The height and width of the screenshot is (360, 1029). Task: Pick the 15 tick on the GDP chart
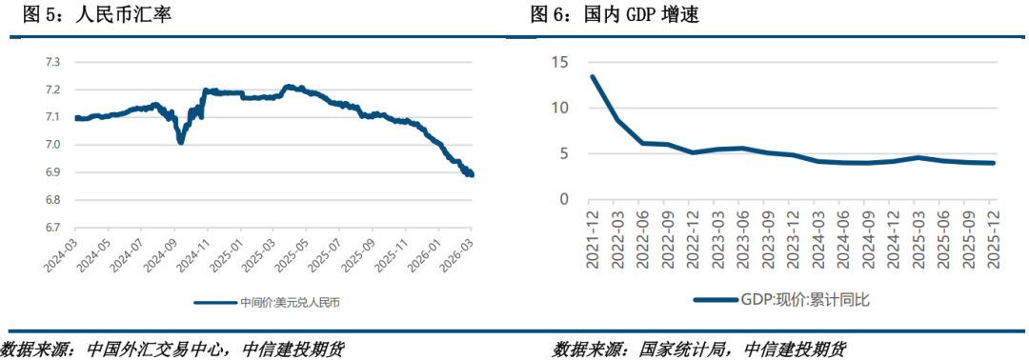(x=560, y=62)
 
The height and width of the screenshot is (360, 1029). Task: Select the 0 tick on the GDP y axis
(x=564, y=199)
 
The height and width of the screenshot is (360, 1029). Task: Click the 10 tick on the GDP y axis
(x=560, y=108)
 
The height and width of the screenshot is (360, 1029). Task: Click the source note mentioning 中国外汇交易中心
(x=171, y=349)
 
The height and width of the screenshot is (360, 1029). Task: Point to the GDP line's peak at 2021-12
(x=593, y=77)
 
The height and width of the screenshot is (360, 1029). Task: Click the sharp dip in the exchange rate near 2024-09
(x=180, y=141)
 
